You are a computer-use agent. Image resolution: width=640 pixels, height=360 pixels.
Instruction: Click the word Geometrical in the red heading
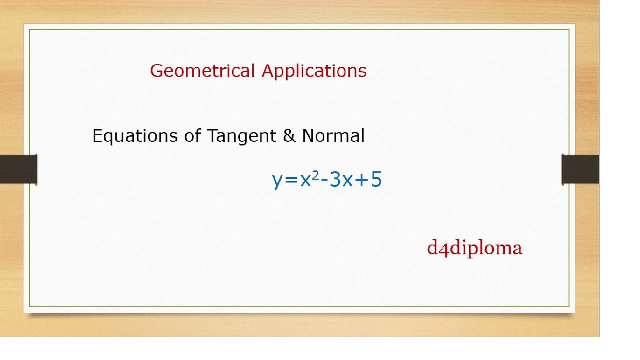click(x=202, y=71)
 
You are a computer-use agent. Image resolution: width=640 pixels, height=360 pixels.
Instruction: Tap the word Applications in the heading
click(x=314, y=72)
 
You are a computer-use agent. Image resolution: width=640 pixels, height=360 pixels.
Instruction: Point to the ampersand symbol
click(x=289, y=136)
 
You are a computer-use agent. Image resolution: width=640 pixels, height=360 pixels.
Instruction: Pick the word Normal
click(x=333, y=136)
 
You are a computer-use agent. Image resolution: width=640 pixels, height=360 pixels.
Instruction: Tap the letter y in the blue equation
click(x=277, y=180)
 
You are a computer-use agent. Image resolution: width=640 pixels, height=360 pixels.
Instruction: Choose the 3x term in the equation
click(x=341, y=180)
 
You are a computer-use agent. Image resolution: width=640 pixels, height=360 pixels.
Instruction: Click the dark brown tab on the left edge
click(x=18, y=169)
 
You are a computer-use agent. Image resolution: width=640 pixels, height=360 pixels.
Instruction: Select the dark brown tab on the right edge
click(x=580, y=169)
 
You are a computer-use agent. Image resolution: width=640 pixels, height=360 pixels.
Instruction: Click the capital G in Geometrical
click(x=157, y=71)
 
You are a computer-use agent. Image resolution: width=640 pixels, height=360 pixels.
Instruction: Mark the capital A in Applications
click(x=268, y=71)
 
